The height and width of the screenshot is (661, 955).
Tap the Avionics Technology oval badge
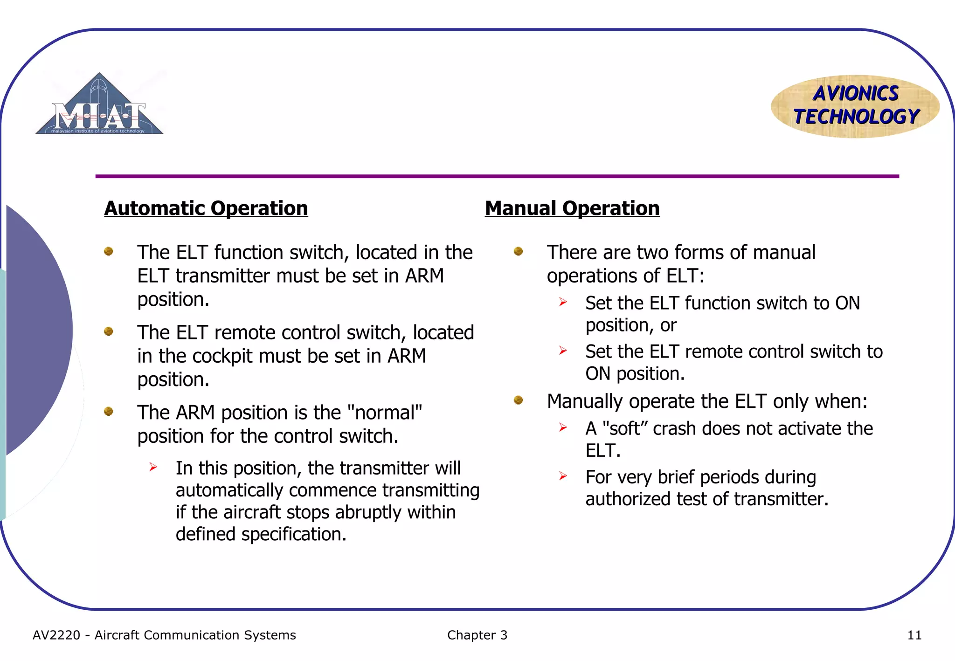[x=855, y=106]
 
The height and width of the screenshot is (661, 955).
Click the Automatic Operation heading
[x=206, y=208]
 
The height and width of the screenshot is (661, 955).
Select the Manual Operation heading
[x=572, y=208]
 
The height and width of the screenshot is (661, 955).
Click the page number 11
[x=914, y=635]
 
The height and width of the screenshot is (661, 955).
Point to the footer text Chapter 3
[x=477, y=635]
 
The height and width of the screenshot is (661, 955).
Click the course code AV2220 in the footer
[x=56, y=635]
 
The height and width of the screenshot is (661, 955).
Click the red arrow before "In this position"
[x=153, y=467]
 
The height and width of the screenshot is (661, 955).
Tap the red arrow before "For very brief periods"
[x=563, y=476]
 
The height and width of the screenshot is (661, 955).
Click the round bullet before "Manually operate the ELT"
[x=518, y=400]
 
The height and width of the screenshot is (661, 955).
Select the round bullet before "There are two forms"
[x=518, y=251]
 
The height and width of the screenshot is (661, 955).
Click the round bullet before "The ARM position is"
[x=109, y=411]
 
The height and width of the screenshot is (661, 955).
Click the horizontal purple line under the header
[x=497, y=176]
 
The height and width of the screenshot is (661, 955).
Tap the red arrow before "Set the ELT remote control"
[x=563, y=351]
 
